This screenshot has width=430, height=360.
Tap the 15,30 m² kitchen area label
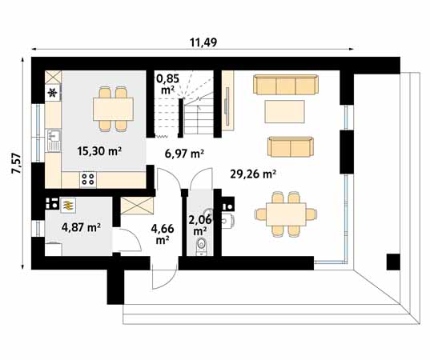tap(98, 150)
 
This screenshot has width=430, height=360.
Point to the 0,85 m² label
tap(169, 84)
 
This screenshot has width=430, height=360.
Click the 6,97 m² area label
tap(185, 154)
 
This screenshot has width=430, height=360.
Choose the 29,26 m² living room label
tap(252, 173)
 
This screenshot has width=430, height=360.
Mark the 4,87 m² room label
tap(81, 227)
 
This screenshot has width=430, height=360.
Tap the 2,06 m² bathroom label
tap(199, 225)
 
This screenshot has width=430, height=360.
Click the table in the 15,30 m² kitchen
tap(112, 107)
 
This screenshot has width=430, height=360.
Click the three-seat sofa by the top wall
tap(285, 84)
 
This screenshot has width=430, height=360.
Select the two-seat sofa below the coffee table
tap(290, 146)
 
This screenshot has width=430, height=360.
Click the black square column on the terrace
tap(392, 262)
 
